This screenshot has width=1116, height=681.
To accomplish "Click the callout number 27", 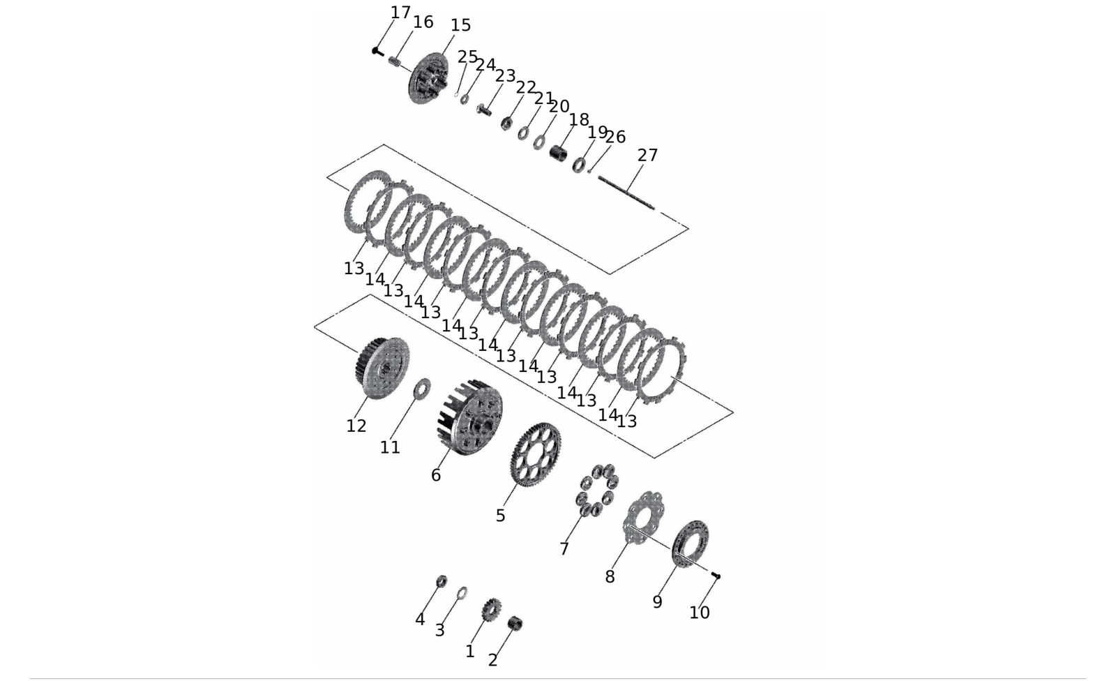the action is (x=647, y=156).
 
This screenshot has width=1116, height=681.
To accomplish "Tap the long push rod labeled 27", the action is (x=626, y=193).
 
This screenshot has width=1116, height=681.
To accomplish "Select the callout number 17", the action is (x=400, y=13).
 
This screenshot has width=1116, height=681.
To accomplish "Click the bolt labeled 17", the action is (x=377, y=51).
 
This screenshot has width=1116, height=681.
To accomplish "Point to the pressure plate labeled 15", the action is (x=429, y=78).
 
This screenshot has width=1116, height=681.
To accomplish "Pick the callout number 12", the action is (x=356, y=426).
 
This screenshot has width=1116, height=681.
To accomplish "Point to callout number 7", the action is (x=564, y=549).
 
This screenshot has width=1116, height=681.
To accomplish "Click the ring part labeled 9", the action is (x=691, y=544).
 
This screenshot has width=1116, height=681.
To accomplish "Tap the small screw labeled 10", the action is (x=716, y=576).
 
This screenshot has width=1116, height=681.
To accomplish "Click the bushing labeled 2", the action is (x=515, y=623).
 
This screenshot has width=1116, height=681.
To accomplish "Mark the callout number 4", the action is (x=420, y=619).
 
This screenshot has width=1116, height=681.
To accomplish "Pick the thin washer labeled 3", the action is (x=462, y=593).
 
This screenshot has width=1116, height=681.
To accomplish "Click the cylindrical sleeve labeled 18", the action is (x=559, y=153).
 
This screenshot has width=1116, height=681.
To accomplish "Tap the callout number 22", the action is (x=526, y=88).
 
